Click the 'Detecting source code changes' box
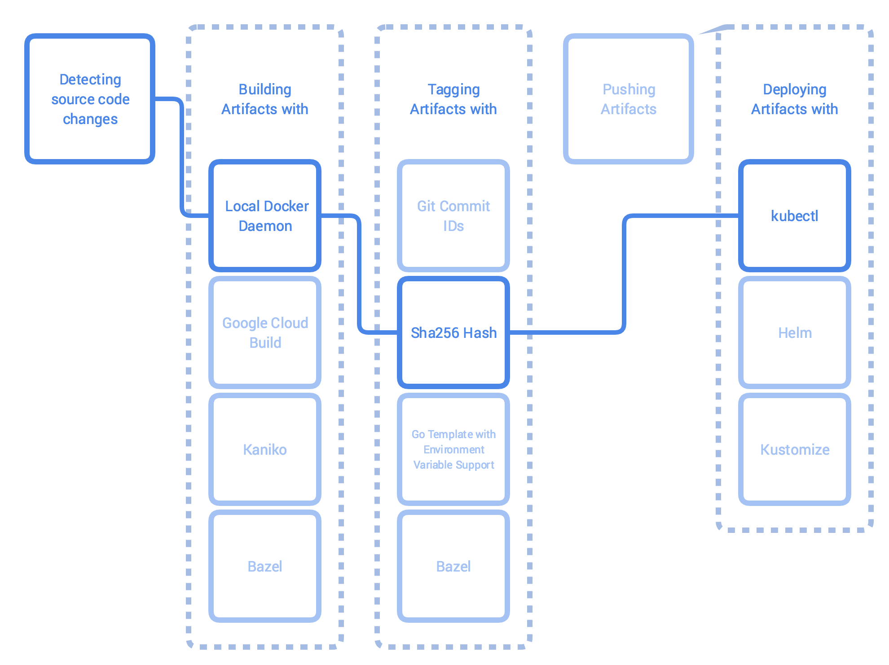(x=90, y=99)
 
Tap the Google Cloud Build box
(x=265, y=332)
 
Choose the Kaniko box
(x=265, y=449)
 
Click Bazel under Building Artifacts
(x=265, y=566)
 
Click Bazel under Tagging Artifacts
(x=453, y=566)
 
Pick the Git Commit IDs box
(x=453, y=216)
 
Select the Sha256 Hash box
(x=453, y=332)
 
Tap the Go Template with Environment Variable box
(x=453, y=449)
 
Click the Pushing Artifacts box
(x=629, y=99)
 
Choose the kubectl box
(x=795, y=216)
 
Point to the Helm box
(x=795, y=332)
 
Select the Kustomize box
(x=795, y=449)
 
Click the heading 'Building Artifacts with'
(x=265, y=99)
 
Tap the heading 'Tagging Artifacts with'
(x=453, y=99)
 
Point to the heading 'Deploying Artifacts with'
(x=795, y=99)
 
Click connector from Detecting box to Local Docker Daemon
(x=182, y=157)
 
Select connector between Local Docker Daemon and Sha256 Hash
(x=359, y=274)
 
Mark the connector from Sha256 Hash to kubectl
(x=624, y=274)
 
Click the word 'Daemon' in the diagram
(x=265, y=226)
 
